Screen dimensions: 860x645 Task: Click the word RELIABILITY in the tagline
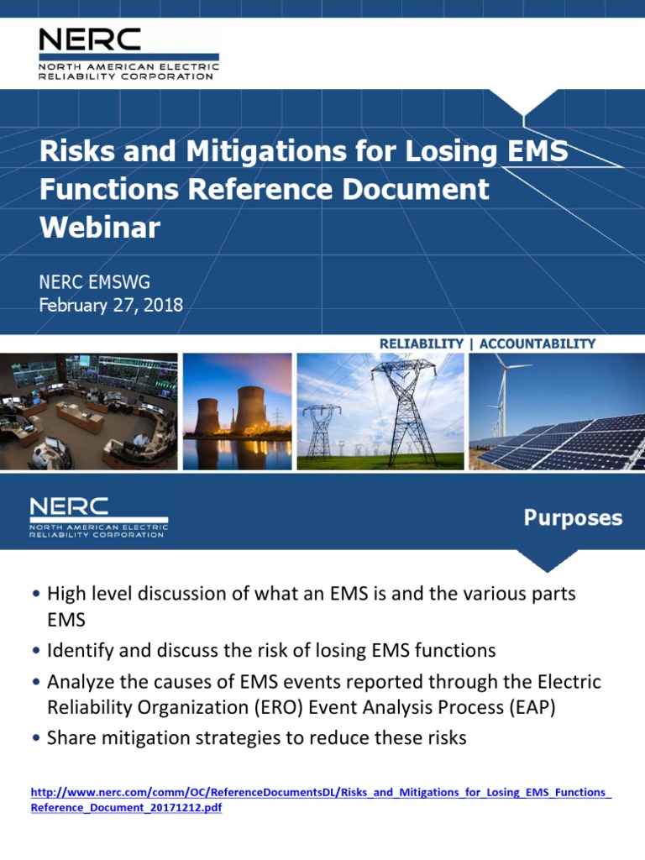click(x=421, y=343)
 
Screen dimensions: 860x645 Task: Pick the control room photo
click(x=88, y=411)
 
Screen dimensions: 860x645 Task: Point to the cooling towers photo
click(x=237, y=411)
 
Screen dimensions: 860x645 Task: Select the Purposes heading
click(x=573, y=518)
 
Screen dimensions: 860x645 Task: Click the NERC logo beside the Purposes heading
click(x=98, y=518)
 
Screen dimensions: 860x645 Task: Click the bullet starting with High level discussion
click(x=311, y=594)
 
